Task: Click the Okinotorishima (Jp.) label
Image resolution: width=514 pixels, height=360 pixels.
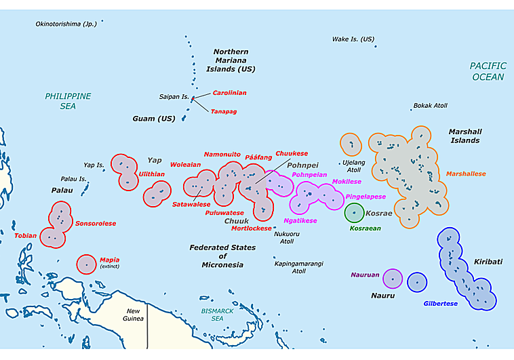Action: (x=66, y=24)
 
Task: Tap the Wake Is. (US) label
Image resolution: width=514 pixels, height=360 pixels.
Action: (x=353, y=39)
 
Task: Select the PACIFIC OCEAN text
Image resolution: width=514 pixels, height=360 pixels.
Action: (x=488, y=71)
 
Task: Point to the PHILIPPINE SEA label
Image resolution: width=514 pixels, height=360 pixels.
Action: (x=68, y=101)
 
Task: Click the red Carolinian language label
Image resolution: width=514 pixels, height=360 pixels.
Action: (x=229, y=92)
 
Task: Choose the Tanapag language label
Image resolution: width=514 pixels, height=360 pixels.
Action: (x=223, y=111)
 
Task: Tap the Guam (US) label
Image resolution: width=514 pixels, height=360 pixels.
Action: (x=153, y=119)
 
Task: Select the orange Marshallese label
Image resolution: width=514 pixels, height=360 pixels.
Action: (x=466, y=174)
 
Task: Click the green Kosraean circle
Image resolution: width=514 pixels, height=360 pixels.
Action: (x=353, y=213)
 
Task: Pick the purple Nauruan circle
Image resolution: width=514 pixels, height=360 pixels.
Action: (x=393, y=279)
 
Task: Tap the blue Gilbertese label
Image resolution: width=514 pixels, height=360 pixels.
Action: (x=441, y=304)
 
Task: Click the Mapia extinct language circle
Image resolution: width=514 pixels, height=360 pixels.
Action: (x=86, y=264)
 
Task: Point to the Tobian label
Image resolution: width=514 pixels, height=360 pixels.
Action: (x=25, y=236)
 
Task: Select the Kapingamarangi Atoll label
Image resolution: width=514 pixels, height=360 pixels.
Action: (x=298, y=267)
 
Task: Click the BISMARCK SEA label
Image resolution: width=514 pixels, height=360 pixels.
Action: (x=217, y=314)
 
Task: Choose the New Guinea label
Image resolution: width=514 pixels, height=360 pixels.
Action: (x=133, y=315)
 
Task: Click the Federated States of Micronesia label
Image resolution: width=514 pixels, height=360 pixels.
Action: (x=222, y=256)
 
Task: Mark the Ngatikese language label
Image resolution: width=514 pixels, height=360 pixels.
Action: (x=300, y=220)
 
